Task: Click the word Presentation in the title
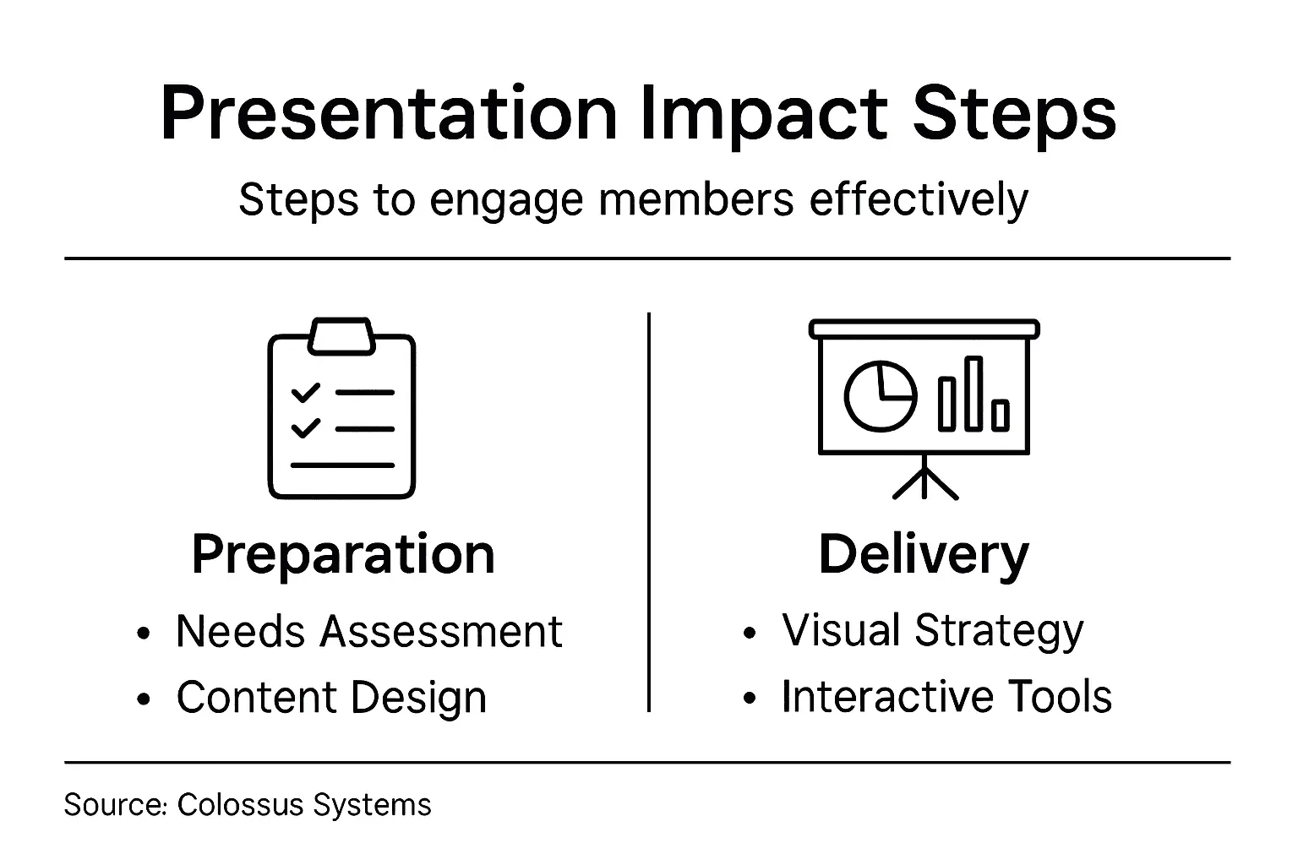389,114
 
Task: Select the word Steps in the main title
1015,114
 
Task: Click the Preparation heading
343,555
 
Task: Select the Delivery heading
924,555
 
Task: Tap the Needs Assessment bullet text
368,631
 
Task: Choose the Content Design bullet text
331,698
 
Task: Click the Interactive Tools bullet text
946,697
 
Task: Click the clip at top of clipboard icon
341,335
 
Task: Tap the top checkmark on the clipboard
305,393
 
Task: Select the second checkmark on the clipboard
305,427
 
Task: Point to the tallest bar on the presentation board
974,394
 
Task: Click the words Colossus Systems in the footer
304,804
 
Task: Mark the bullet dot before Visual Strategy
749,633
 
